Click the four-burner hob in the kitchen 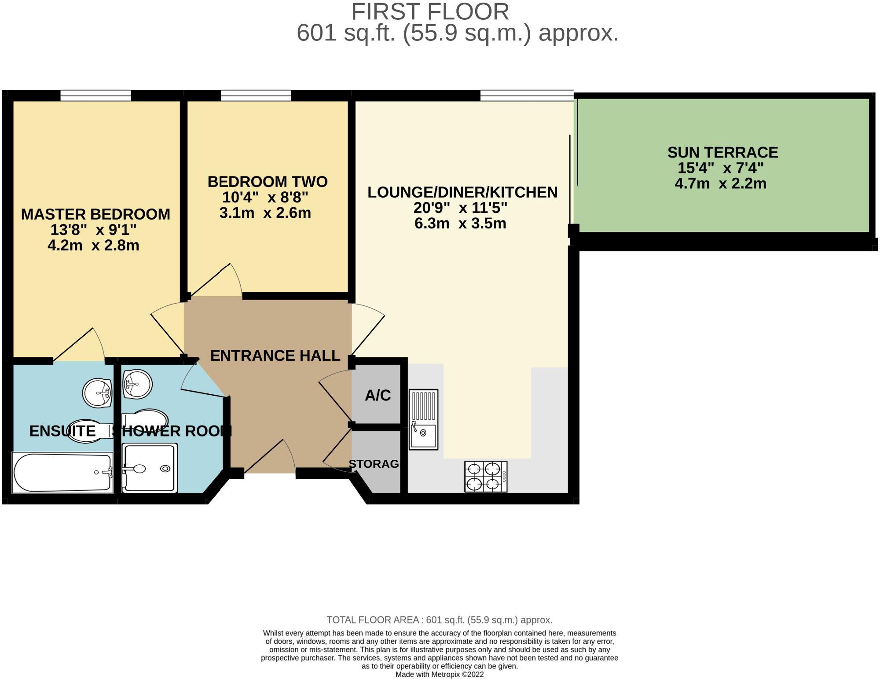(x=486, y=477)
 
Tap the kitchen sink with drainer (x=423, y=419)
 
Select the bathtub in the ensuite (x=62, y=472)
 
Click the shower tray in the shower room (x=150, y=468)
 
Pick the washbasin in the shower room (x=137, y=384)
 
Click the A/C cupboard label (x=378, y=395)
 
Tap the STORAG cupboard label (x=374, y=463)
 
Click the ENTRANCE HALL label (x=275, y=355)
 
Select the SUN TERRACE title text (x=722, y=152)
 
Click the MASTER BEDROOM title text (x=95, y=214)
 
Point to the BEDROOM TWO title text (x=268, y=181)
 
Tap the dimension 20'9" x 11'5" (x=460, y=207)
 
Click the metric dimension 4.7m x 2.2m (x=721, y=184)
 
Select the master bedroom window (x=95, y=95)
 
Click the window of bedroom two (x=256, y=95)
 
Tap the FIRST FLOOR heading (x=430, y=11)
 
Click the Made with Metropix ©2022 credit (x=440, y=674)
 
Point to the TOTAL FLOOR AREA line (x=440, y=620)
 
